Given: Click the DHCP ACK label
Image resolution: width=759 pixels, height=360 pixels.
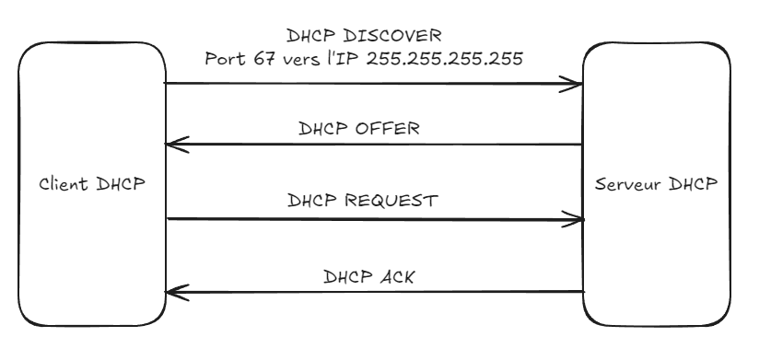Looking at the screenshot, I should (368, 275).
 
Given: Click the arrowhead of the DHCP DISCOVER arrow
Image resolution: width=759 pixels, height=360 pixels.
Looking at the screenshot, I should (576, 86).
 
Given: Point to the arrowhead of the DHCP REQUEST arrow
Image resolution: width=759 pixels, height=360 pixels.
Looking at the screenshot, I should (578, 219).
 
